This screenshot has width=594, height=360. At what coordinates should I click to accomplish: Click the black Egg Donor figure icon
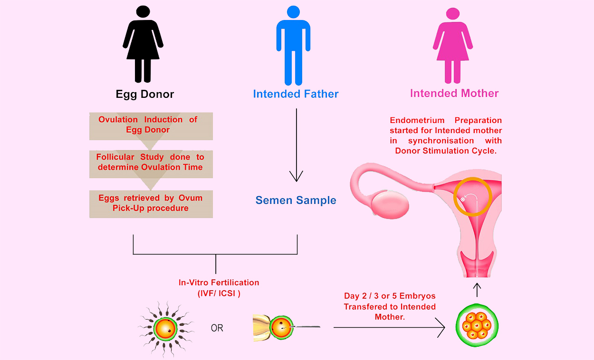[x=143, y=45]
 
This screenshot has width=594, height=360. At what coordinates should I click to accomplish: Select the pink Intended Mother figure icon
[x=453, y=45]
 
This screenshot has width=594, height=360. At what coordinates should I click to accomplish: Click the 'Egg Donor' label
[x=145, y=94]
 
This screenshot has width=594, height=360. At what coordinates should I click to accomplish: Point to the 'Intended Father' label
[x=296, y=94]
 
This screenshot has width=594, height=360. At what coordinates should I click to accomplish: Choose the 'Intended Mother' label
[x=454, y=93]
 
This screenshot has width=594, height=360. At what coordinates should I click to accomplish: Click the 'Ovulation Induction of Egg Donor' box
[x=151, y=126]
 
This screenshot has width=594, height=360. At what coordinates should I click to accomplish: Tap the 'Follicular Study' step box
[x=151, y=163]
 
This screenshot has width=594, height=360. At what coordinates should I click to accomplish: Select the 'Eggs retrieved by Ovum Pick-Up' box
[x=151, y=204]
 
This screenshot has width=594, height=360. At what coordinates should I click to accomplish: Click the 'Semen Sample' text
[x=296, y=200]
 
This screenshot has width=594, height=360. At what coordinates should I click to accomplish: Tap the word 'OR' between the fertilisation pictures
[x=217, y=328]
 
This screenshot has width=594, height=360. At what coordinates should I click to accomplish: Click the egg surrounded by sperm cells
[x=165, y=328]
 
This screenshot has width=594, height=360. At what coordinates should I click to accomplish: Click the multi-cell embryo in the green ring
[x=477, y=327]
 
